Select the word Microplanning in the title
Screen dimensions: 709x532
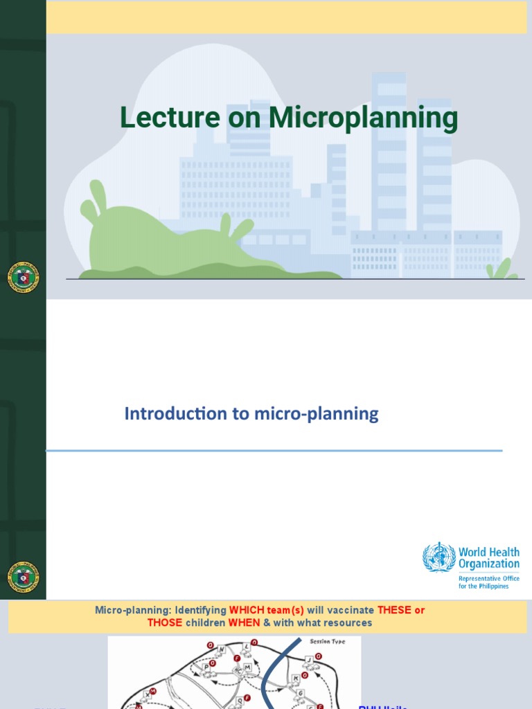(363, 118)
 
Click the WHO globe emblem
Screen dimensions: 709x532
(439, 557)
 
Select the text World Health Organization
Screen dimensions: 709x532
(488, 558)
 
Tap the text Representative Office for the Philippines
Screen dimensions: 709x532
(488, 582)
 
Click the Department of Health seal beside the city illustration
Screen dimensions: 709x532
(23, 278)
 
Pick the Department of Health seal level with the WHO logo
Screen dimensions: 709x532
(23, 577)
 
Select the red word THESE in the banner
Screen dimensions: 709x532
(394, 611)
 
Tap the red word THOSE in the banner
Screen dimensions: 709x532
(165, 623)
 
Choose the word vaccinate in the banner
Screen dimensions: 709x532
(349, 611)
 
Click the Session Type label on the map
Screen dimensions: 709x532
(327, 642)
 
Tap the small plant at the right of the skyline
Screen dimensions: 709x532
(502, 269)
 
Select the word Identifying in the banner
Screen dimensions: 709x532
(200, 611)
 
